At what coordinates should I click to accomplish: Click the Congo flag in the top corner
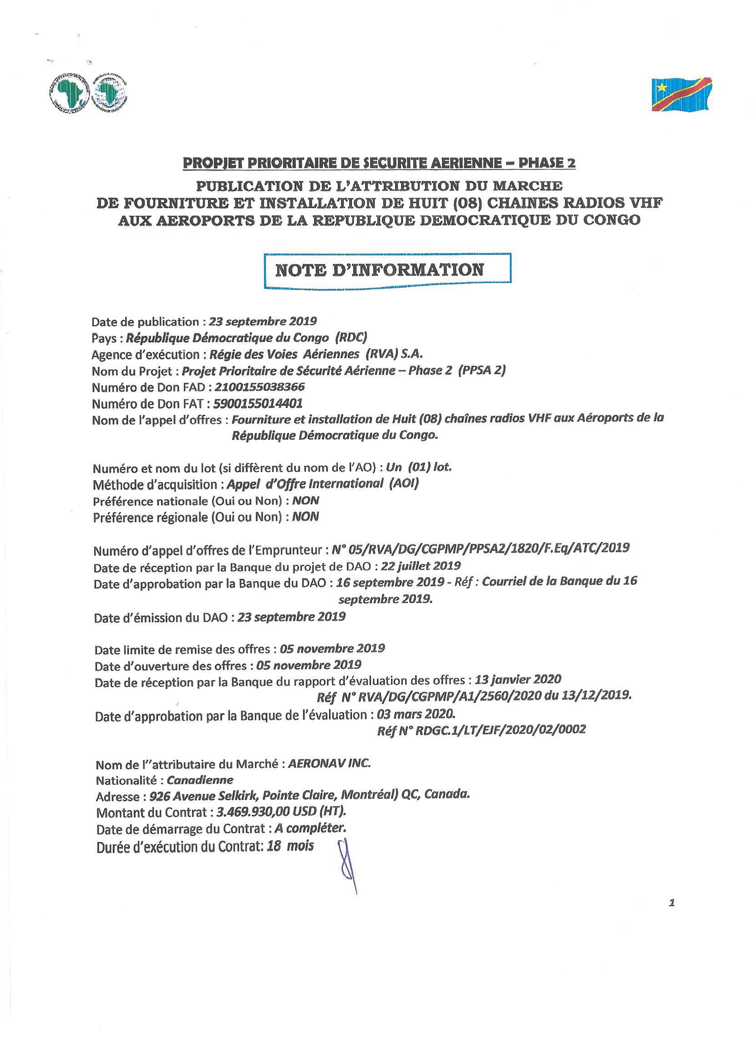[x=681, y=94]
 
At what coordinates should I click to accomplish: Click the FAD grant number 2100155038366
[x=259, y=387]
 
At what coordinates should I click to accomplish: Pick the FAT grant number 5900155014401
[x=258, y=403]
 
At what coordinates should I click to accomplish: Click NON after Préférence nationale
[x=306, y=500]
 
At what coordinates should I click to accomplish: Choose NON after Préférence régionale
[x=306, y=517]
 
